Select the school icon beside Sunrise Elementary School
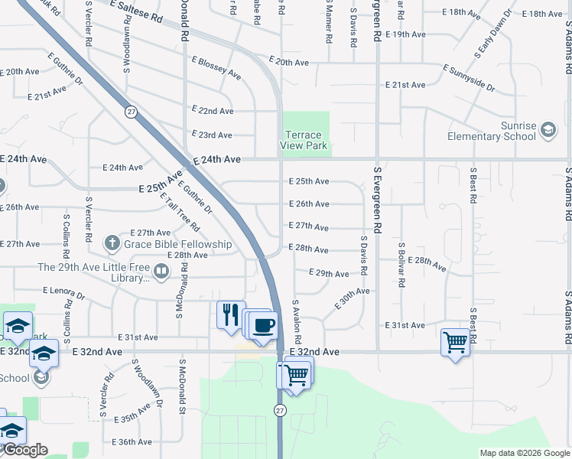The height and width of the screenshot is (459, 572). pos(548,131)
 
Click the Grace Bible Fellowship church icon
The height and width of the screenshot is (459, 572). pos(112,244)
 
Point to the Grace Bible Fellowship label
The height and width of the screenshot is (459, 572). pos(177,244)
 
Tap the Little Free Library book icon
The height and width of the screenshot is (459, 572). pos(161,270)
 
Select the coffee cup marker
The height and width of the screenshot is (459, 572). pos(264,325)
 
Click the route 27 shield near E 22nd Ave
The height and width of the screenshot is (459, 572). pos(132,112)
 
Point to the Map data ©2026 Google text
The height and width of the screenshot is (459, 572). pos(524,453)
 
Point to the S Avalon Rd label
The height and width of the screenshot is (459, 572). pos(296,321)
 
